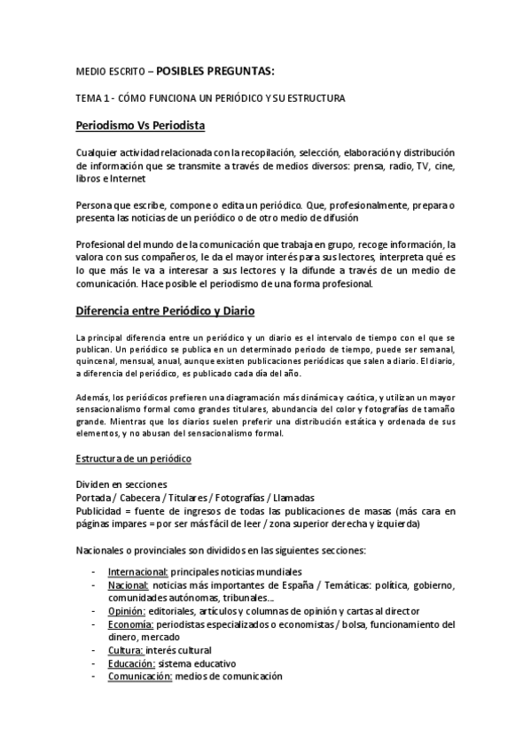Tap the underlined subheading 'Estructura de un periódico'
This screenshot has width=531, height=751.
[133, 460]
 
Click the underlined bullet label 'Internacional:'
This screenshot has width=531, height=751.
[137, 571]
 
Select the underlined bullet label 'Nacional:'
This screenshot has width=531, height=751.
[128, 585]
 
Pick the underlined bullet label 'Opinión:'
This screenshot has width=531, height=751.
[126, 611]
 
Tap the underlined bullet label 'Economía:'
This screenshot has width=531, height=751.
[130, 624]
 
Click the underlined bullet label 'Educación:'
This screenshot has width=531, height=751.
[132, 663]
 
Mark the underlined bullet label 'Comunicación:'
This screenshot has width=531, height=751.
[140, 677]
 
